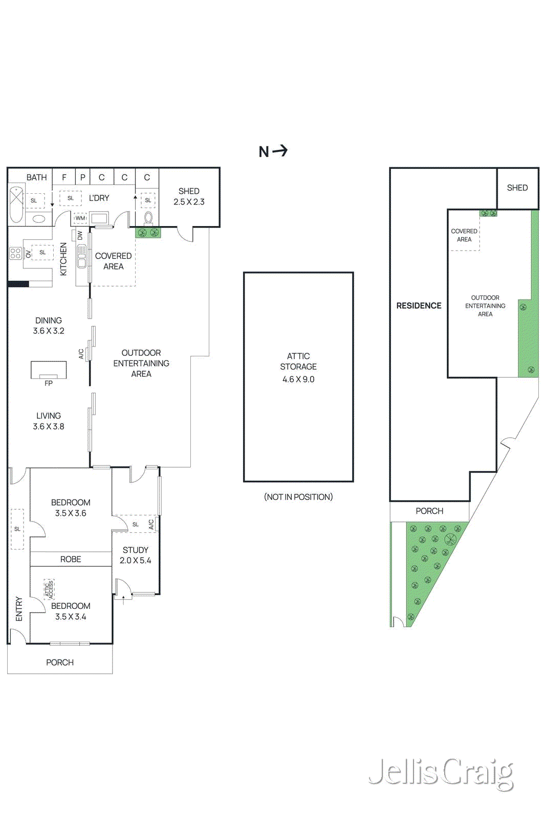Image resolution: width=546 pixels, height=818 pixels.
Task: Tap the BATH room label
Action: pyautogui.click(x=36, y=177)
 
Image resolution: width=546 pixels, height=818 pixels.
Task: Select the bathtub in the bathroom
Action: pyautogui.click(x=16, y=204)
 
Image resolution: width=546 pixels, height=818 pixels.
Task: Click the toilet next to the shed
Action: pyautogui.click(x=148, y=218)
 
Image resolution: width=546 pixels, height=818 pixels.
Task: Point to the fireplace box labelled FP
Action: pyautogui.click(x=49, y=370)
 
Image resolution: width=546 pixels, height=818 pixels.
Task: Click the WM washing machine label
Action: pyautogui.click(x=80, y=218)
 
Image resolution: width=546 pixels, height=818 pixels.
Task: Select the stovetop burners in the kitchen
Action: pyautogui.click(x=15, y=253)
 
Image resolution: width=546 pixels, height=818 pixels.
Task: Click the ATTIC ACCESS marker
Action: pyautogui.click(x=50, y=589)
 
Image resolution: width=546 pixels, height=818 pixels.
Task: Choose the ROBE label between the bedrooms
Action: pyautogui.click(x=71, y=559)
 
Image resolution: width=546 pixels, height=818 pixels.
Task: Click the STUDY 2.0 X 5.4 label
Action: pyautogui.click(x=136, y=555)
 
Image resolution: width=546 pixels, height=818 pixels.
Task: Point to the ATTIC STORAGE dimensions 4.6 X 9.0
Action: pyautogui.click(x=298, y=379)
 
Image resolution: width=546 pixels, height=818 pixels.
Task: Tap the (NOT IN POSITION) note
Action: pyautogui.click(x=298, y=497)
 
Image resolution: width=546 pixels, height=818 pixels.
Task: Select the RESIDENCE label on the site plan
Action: pyautogui.click(x=419, y=306)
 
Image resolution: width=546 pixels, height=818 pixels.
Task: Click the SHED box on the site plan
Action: pyautogui.click(x=517, y=188)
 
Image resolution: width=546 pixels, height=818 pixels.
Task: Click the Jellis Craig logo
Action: pyautogui.click(x=441, y=772)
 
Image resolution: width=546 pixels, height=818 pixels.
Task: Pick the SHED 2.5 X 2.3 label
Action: pyautogui.click(x=189, y=196)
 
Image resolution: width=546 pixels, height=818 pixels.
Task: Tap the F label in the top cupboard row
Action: pyautogui.click(x=64, y=177)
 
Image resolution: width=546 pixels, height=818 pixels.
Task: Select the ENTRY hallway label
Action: pyautogui.click(x=19, y=608)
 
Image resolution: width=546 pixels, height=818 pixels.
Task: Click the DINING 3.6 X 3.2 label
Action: pyautogui.click(x=49, y=326)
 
